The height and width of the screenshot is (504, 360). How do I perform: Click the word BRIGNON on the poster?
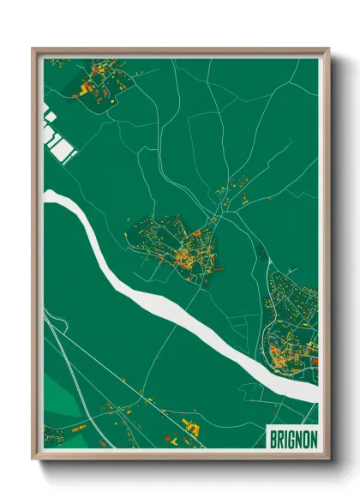292,437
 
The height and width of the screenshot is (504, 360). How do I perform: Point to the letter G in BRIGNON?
290,437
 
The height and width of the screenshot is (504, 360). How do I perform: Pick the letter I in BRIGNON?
284,437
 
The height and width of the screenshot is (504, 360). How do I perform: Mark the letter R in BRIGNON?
279,437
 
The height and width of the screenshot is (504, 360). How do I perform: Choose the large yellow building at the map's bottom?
190,429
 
